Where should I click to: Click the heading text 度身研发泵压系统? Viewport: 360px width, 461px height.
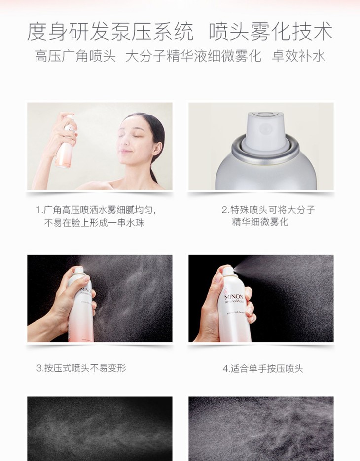(110, 31)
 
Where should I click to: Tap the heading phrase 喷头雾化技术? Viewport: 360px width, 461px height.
(271, 31)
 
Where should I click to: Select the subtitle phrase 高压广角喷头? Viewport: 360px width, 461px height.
(75, 56)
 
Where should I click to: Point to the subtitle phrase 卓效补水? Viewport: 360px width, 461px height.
(299, 56)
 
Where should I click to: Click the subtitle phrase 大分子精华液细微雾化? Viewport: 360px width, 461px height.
(193, 56)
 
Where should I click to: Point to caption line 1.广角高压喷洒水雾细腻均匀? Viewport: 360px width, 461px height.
(96, 210)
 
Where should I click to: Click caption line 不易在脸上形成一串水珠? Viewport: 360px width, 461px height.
(94, 222)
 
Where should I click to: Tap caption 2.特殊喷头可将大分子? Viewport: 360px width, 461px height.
(268, 210)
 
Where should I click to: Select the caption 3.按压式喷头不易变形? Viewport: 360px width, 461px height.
(81, 368)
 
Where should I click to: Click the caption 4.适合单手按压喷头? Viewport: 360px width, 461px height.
(262, 368)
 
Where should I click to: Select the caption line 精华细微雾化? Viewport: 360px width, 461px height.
(260, 222)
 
